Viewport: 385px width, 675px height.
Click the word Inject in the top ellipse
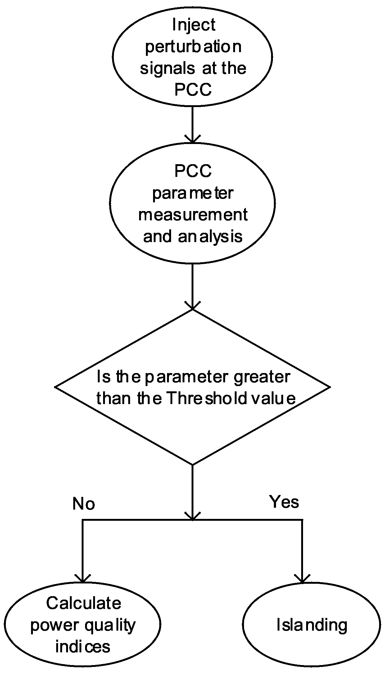193,25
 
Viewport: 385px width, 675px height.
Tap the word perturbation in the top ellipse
193,47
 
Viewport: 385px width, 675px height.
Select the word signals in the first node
168,69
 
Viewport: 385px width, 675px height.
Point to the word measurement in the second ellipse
193,215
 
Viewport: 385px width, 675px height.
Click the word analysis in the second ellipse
211,236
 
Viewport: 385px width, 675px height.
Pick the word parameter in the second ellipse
192,193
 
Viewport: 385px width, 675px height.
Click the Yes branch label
284,502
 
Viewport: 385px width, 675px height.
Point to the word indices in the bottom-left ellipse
83,646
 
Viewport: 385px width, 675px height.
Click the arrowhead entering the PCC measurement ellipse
192,139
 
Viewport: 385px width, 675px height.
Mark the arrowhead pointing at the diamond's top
192,305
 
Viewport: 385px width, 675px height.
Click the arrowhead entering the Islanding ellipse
302,578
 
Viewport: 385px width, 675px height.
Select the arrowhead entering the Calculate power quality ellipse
83,578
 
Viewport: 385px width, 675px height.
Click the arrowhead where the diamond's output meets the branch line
192,516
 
